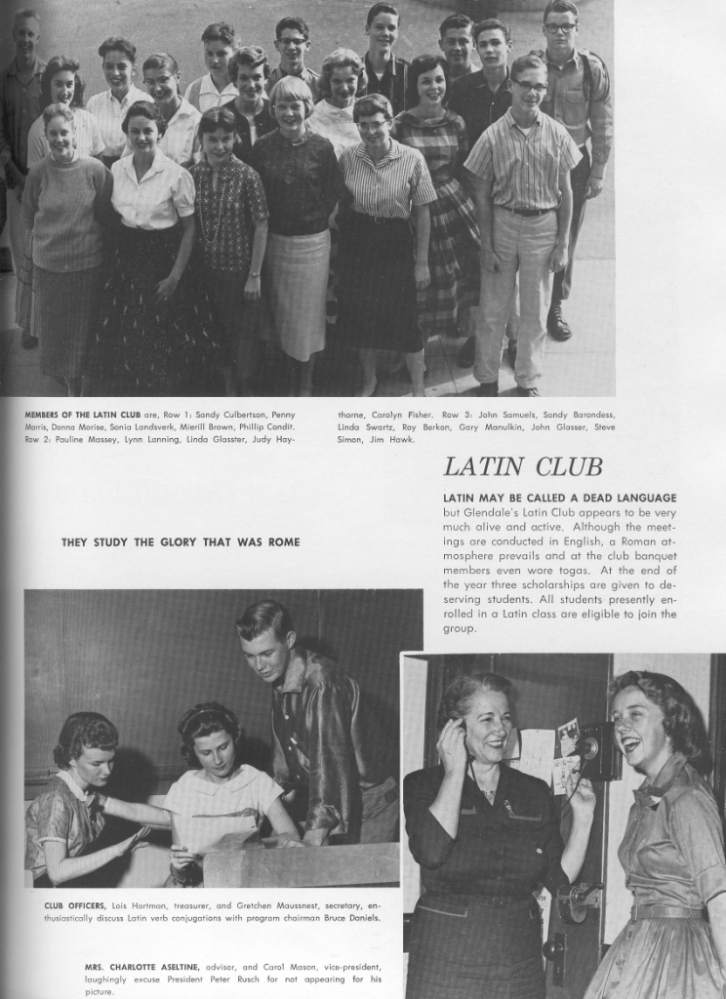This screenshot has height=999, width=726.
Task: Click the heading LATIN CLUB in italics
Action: (523, 466)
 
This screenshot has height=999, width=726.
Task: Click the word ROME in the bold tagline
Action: (281, 541)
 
